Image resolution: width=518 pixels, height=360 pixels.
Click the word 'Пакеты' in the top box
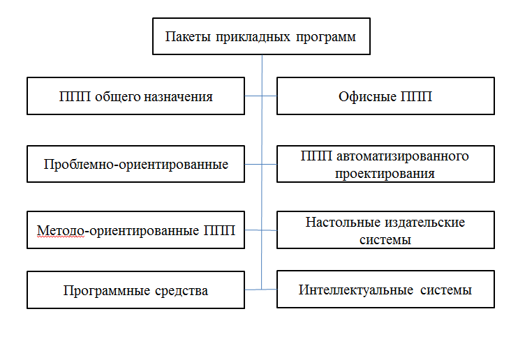pyautogui.click(x=188, y=37)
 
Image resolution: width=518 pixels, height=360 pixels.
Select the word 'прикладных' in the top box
pyautogui.click(x=253, y=37)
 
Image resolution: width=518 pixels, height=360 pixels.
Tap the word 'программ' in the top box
pyautogui.click(x=326, y=38)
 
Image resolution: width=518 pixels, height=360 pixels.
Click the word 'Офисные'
pyautogui.click(x=367, y=97)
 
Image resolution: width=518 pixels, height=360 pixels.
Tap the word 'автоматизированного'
pyautogui.click(x=402, y=156)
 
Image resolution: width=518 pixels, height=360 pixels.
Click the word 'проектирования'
pyautogui.click(x=385, y=174)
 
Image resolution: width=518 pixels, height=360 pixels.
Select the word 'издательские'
pyautogui.click(x=426, y=223)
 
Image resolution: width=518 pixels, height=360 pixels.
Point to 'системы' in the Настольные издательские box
pyautogui.click(x=385, y=240)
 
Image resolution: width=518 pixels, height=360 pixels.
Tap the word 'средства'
pyautogui.click(x=182, y=291)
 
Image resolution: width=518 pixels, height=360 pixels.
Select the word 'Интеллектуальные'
pyautogui.click(x=356, y=290)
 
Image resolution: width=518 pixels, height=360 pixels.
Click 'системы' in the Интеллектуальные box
pyautogui.click(x=446, y=291)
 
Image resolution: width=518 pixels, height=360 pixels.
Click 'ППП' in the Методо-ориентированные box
pyautogui.click(x=219, y=230)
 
